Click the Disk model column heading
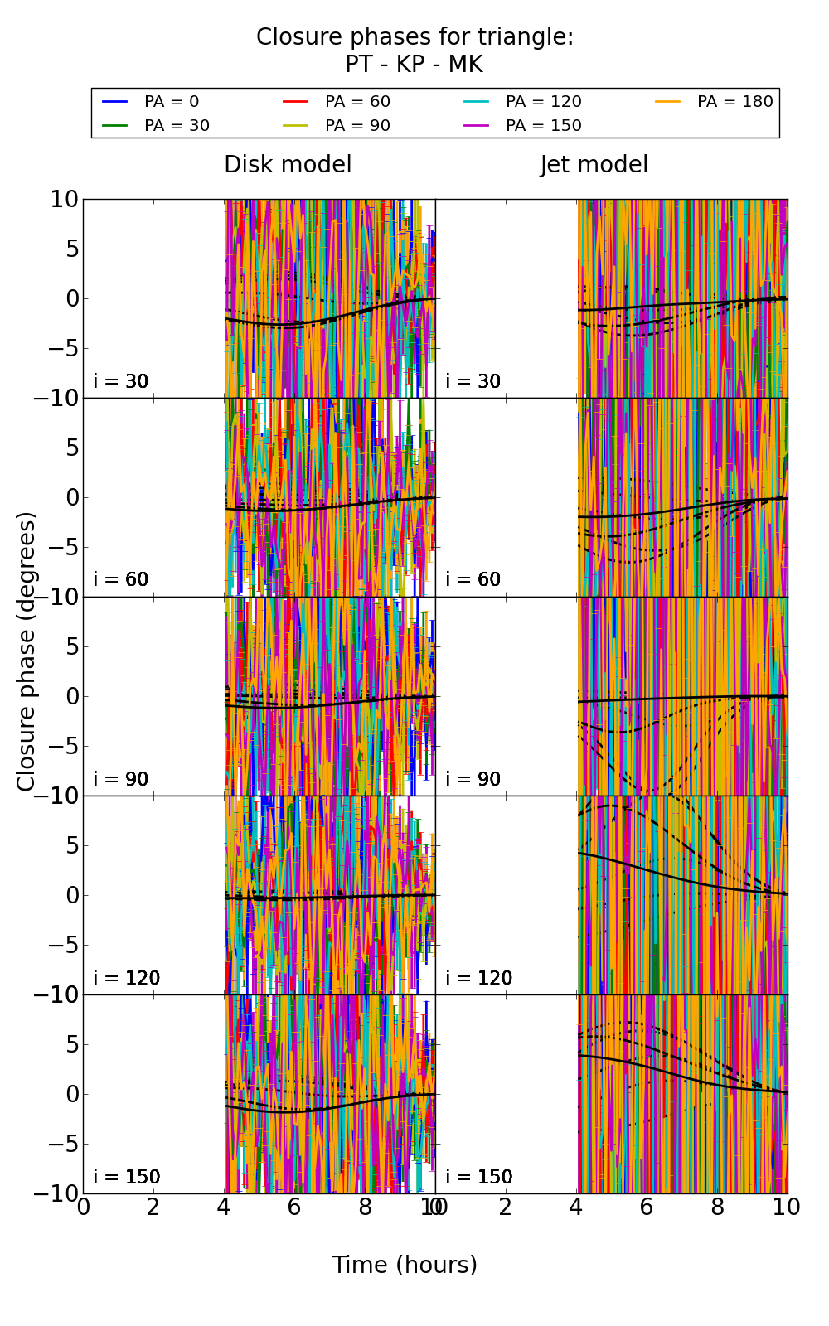(288, 165)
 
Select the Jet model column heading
(594, 165)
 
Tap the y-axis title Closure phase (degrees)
(27, 651)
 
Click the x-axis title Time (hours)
(405, 1265)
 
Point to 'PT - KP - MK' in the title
(414, 65)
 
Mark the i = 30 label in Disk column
(121, 381)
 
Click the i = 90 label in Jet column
(473, 779)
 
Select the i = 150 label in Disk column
(127, 1177)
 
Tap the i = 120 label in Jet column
(478, 978)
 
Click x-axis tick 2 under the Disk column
(153, 1207)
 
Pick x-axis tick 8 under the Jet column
(717, 1207)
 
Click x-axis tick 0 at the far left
(83, 1207)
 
